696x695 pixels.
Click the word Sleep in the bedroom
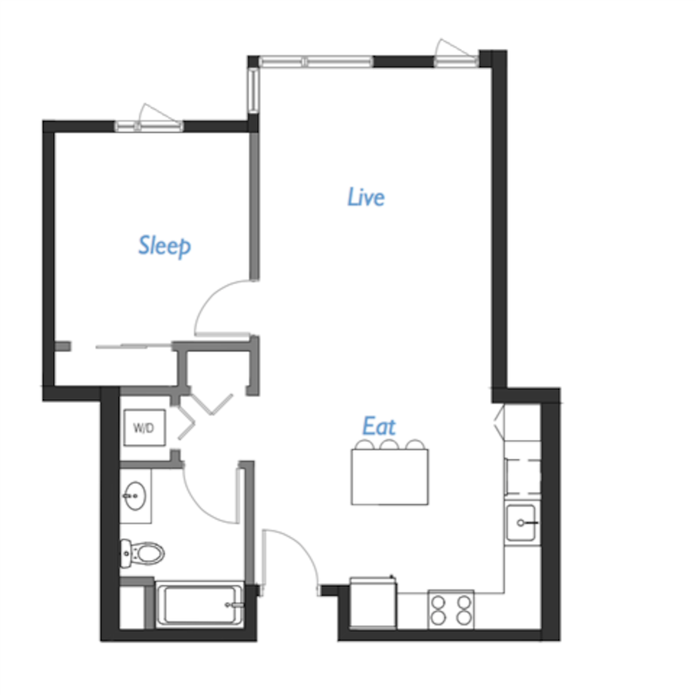click(164, 246)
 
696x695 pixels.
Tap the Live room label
click(366, 197)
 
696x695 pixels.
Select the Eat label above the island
click(379, 426)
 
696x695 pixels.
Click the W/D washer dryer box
click(144, 428)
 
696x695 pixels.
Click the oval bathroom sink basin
click(135, 497)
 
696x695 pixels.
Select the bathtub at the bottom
click(200, 605)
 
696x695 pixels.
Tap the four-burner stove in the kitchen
click(451, 609)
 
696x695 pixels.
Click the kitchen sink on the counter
click(522, 523)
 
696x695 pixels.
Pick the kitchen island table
click(390, 477)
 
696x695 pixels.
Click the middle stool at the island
click(389, 445)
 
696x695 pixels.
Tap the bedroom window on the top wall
click(149, 125)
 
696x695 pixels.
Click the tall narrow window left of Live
click(253, 90)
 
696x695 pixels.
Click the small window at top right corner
click(456, 61)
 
